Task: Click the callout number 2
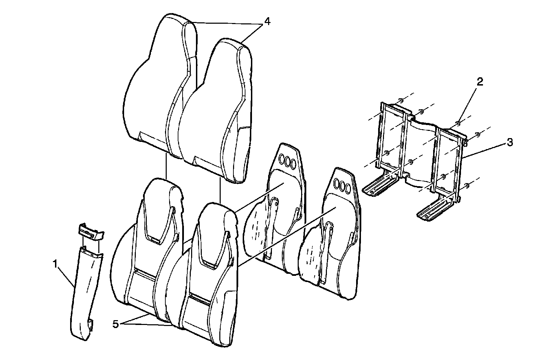(x=480, y=81)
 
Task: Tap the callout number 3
(x=510, y=142)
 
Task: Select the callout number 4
(x=267, y=21)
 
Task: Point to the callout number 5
(x=116, y=324)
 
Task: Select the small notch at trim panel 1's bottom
(x=91, y=325)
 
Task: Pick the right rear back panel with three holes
(x=330, y=247)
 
